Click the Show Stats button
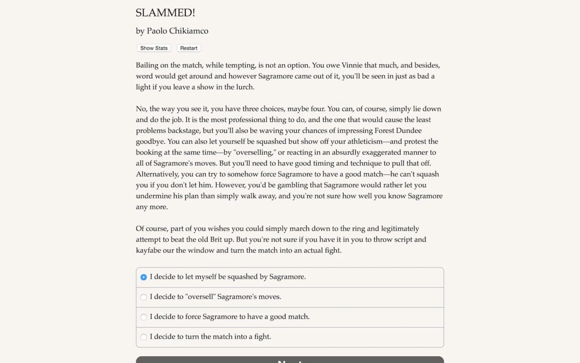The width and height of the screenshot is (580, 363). tap(154, 48)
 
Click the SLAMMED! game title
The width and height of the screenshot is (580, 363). tap(165, 13)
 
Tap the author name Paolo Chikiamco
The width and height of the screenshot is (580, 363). tap(177, 31)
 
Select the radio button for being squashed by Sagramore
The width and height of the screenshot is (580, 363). tap(144, 277)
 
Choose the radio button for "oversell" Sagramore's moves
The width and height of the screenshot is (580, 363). tap(144, 297)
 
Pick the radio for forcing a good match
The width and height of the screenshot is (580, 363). tap(144, 317)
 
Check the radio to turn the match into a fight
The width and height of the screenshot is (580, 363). tap(144, 337)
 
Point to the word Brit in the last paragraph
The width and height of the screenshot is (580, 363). tap(216, 239)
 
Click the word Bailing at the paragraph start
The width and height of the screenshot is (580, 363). tap(147, 65)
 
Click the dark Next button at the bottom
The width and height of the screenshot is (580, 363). tap(290, 360)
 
